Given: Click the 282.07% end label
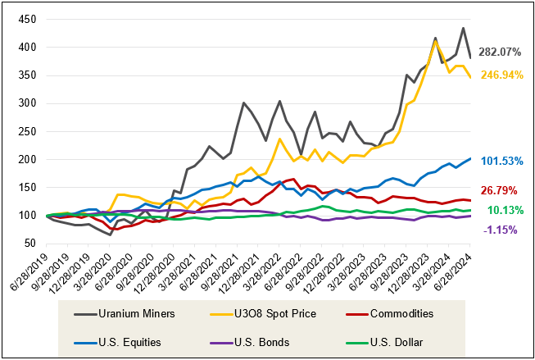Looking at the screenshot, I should point(501,52).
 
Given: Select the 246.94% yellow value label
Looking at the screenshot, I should point(501,75).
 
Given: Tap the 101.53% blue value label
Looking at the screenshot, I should point(501,161).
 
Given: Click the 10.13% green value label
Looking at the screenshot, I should point(503,210).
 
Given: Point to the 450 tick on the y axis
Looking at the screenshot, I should point(29,18).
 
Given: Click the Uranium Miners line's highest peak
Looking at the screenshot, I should point(464,28).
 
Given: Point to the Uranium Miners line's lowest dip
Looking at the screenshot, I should point(111,235).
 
